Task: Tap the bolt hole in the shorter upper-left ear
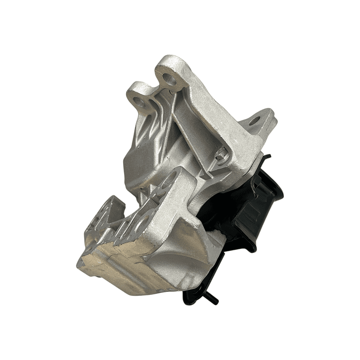(x=140, y=102)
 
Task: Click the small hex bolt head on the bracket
(x=221, y=158)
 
